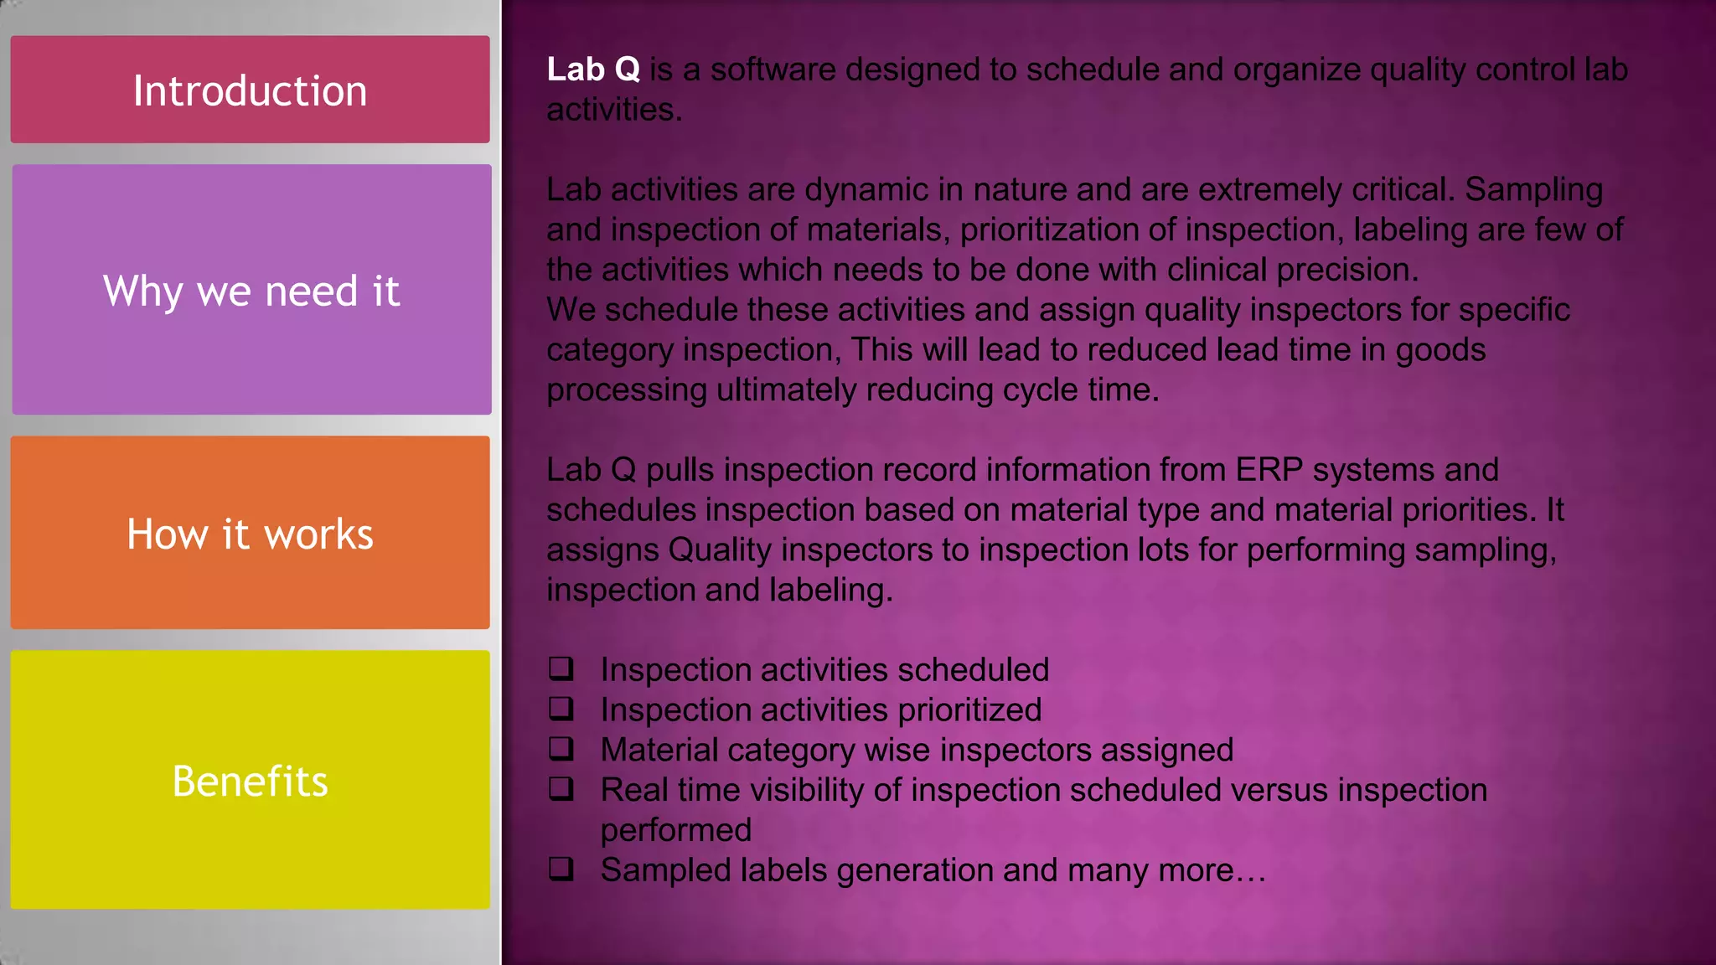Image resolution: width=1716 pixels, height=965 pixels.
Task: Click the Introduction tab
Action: (x=250, y=90)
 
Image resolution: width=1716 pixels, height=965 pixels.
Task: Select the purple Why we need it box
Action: (x=251, y=290)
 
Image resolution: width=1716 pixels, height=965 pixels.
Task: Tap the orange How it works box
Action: (x=250, y=533)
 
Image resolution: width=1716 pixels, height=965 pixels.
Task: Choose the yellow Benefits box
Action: (x=250, y=780)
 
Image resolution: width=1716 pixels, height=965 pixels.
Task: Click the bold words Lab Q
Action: (x=593, y=70)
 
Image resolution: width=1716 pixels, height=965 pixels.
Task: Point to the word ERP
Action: (x=1269, y=470)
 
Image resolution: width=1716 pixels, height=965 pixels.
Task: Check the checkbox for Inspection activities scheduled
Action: (x=561, y=668)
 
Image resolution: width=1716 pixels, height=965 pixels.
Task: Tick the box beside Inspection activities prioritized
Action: (x=561, y=709)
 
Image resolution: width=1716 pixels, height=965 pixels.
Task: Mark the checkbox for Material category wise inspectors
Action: (x=561, y=748)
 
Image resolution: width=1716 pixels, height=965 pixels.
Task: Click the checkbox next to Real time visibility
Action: (x=561, y=788)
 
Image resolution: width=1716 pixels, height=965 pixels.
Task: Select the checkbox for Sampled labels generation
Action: (x=561, y=869)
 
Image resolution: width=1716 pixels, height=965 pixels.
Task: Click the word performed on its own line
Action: (x=675, y=830)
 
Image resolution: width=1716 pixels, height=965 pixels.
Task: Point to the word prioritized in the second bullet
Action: (x=969, y=710)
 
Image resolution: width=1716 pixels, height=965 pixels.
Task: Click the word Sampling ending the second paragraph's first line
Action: (x=1533, y=190)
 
